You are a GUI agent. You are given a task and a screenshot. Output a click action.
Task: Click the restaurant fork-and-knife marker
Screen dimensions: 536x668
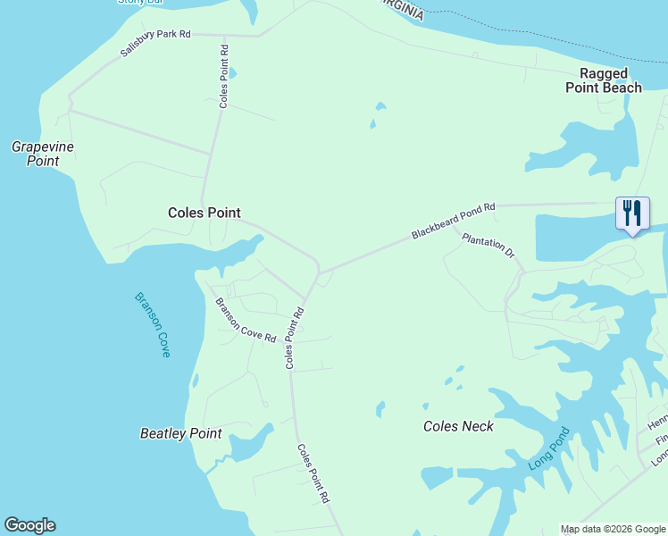pyautogui.click(x=632, y=214)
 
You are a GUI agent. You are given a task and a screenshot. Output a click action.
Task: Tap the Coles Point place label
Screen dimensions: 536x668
pyautogui.click(x=205, y=213)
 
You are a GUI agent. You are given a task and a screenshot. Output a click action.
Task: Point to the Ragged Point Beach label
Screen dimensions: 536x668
pyautogui.click(x=604, y=80)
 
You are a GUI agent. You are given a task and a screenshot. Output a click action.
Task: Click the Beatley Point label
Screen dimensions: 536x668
pyautogui.click(x=180, y=433)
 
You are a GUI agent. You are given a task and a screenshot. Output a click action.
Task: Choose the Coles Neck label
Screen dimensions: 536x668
pyautogui.click(x=458, y=426)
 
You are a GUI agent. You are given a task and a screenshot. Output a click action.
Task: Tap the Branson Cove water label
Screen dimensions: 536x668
pyautogui.click(x=152, y=324)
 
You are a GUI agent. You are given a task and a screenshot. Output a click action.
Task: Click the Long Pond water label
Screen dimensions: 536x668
pyautogui.click(x=547, y=448)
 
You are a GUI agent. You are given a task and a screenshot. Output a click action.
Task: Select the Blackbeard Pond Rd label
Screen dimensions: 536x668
pyautogui.click(x=453, y=222)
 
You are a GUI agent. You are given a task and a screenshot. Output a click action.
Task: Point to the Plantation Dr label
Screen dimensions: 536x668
pyautogui.click(x=488, y=246)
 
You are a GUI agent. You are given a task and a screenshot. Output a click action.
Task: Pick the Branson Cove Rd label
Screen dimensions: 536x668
pyautogui.click(x=246, y=319)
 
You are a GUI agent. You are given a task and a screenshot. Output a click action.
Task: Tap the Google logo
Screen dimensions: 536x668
pyautogui.click(x=29, y=525)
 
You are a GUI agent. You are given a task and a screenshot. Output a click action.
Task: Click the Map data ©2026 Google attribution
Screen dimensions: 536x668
pyautogui.click(x=613, y=529)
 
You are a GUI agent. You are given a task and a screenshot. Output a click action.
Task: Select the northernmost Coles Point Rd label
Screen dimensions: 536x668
pyautogui.click(x=224, y=77)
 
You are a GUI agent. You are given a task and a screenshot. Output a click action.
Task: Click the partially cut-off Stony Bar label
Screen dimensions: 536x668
pyautogui.click(x=143, y=3)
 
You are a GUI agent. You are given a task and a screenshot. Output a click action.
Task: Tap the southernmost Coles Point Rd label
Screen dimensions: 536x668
pyautogui.click(x=314, y=473)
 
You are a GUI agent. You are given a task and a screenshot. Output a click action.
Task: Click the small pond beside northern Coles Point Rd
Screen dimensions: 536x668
pyautogui.click(x=232, y=73)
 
